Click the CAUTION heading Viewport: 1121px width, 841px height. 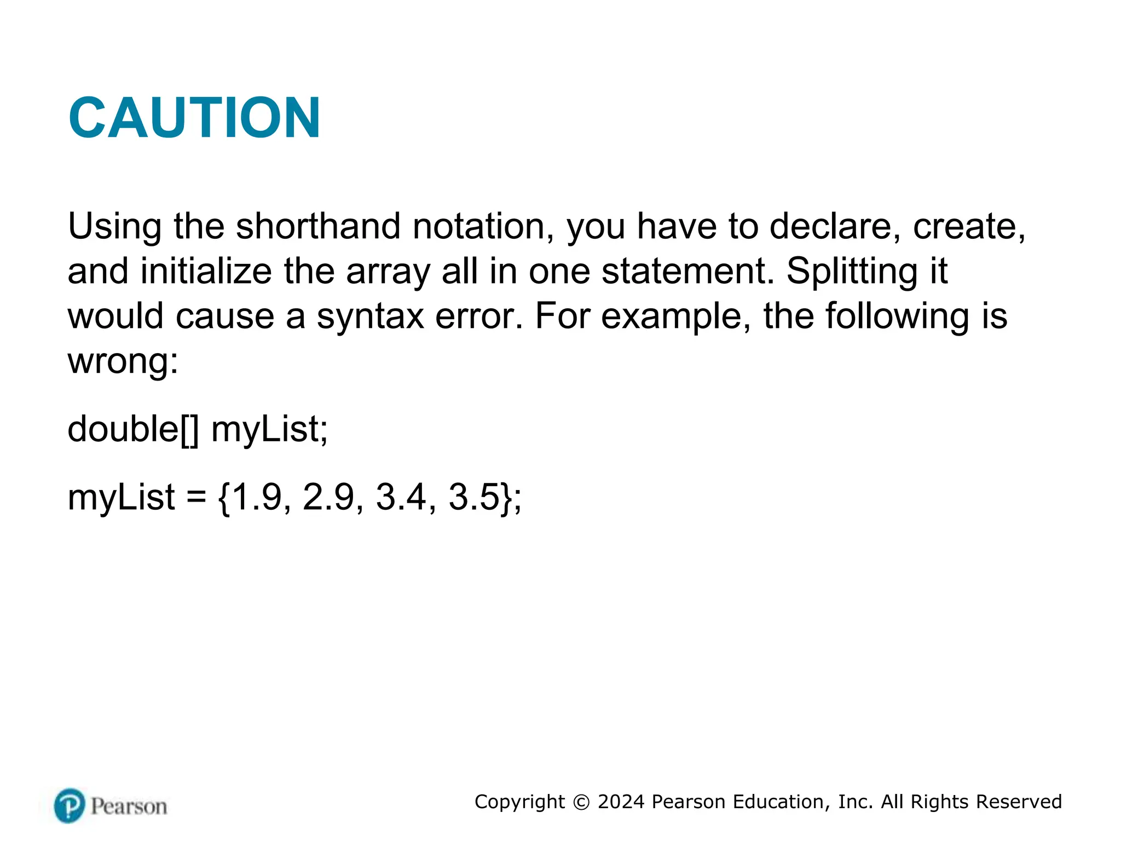pos(194,118)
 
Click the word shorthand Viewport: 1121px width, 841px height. pos(318,226)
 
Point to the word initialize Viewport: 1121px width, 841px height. pos(206,271)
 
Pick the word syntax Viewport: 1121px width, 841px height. pos(370,317)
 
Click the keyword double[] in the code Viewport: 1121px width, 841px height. pos(133,429)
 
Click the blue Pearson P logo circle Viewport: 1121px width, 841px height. pos(70,805)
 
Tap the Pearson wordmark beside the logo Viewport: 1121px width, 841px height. pos(129,807)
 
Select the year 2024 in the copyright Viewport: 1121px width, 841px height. pos(621,802)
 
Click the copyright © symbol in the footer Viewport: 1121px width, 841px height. pos(581,802)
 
